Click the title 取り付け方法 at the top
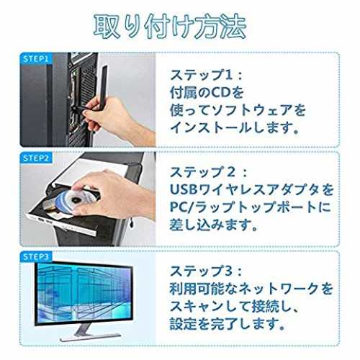click(x=170, y=27)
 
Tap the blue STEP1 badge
click(x=36, y=59)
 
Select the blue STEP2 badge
click(x=36, y=158)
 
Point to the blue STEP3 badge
click(x=36, y=257)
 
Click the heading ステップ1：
click(x=206, y=75)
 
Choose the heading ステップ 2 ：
click(x=208, y=172)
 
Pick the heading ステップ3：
click(x=206, y=271)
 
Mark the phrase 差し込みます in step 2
click(x=210, y=225)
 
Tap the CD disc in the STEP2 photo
click(x=72, y=200)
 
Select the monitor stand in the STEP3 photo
click(x=89, y=333)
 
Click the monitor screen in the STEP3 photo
click(x=84, y=293)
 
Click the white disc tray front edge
click(x=61, y=222)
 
